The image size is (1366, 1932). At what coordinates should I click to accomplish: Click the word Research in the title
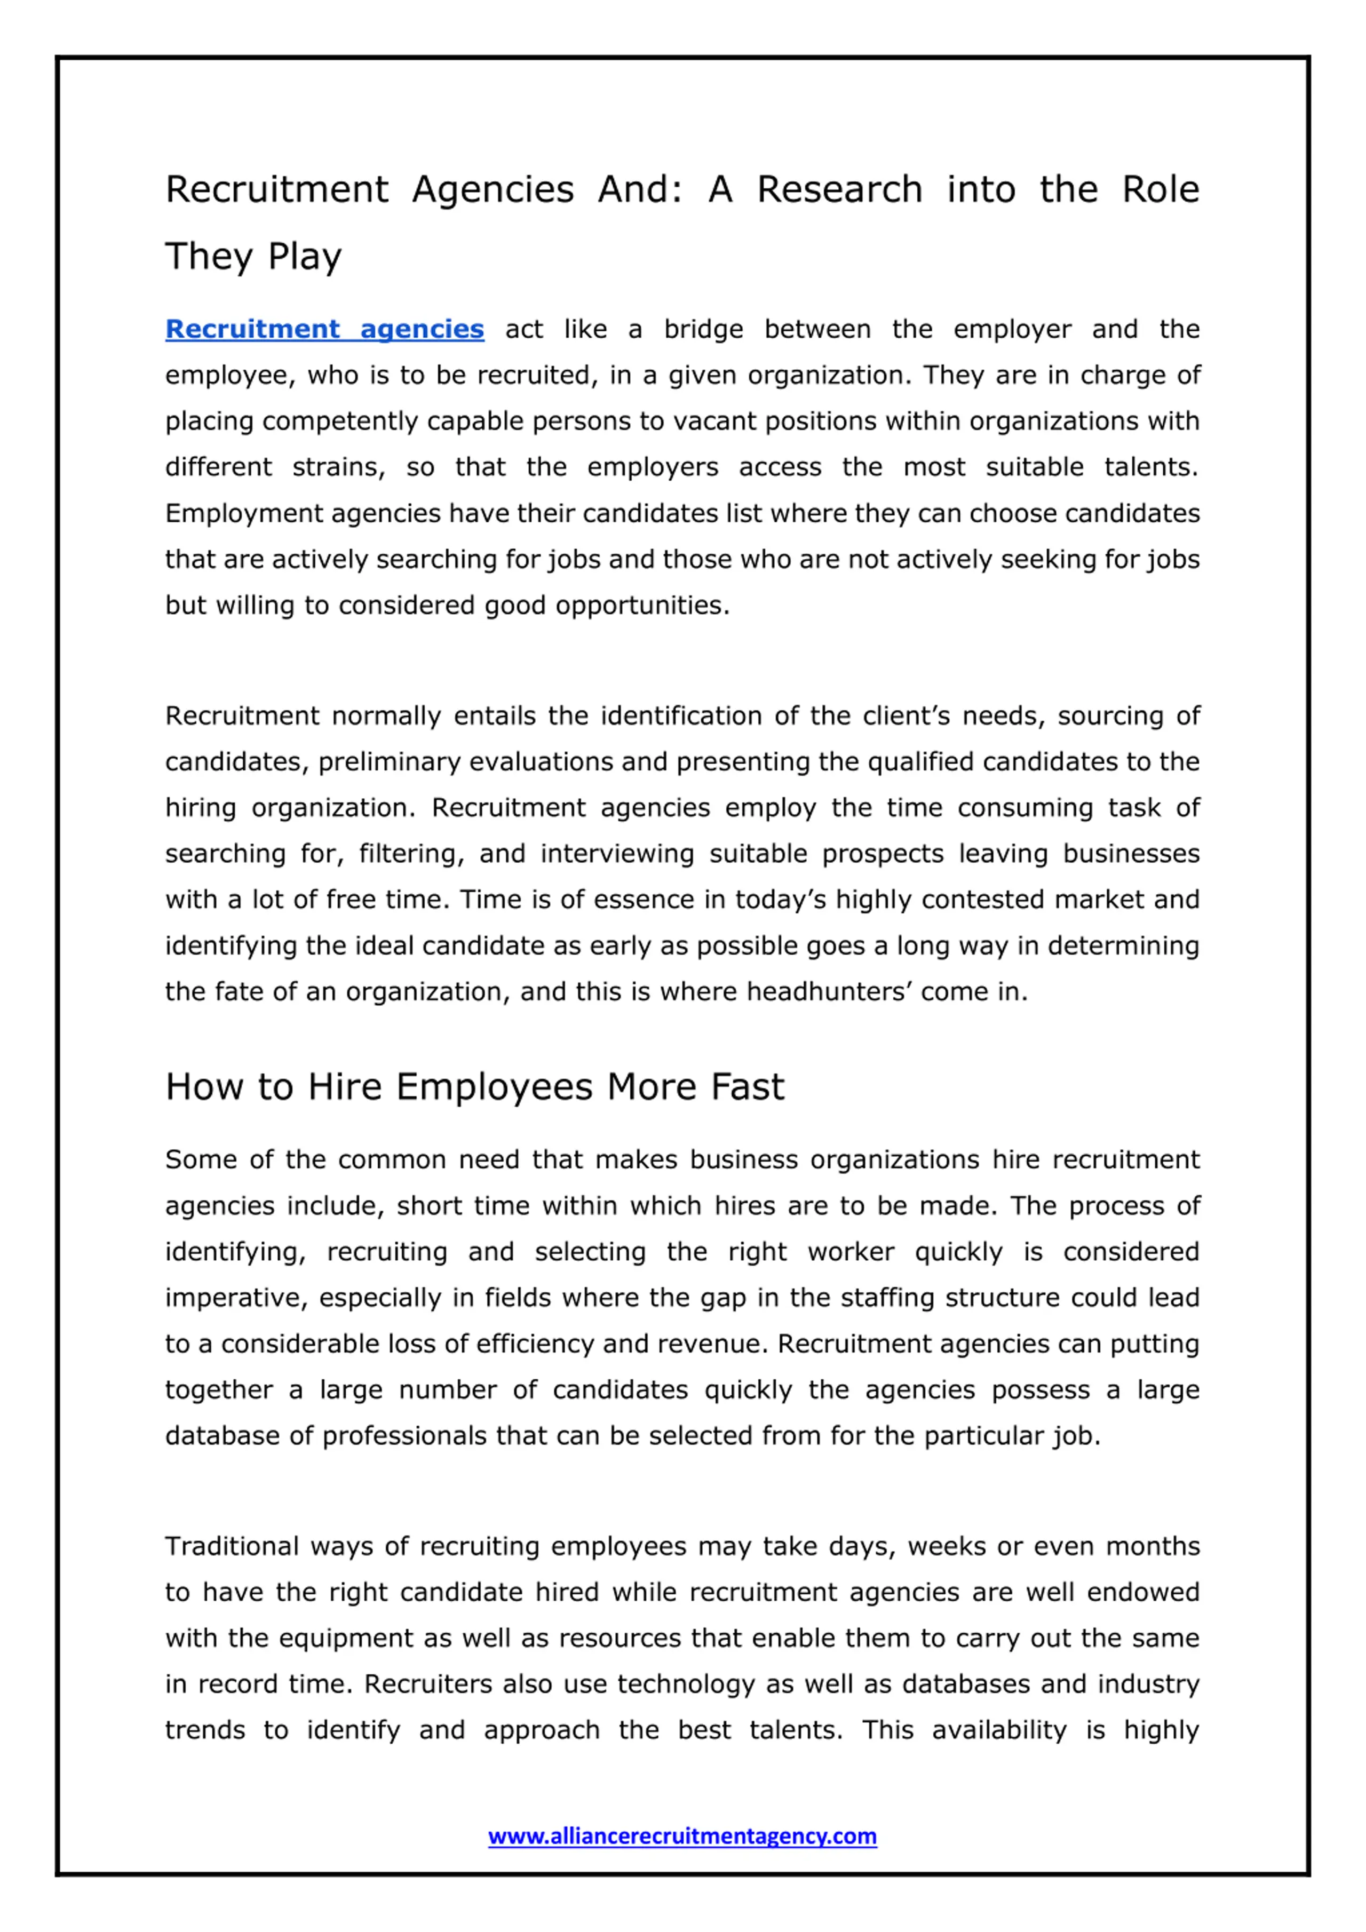(x=839, y=189)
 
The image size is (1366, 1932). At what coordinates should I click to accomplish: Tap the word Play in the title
(x=305, y=257)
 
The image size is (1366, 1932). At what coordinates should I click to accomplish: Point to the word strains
(x=338, y=467)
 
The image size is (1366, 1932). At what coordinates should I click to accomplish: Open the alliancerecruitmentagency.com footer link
(x=682, y=1836)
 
